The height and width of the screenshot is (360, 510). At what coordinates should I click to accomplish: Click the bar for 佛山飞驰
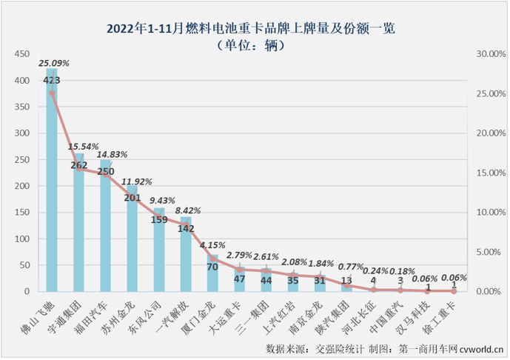pos(52,185)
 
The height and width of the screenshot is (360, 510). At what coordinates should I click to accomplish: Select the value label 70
pos(212,265)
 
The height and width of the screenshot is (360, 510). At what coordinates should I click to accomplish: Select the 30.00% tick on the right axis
pos(489,55)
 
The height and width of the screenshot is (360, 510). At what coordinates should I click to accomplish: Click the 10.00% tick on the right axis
pos(489,213)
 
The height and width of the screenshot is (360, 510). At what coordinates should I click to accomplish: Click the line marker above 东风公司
pos(159,217)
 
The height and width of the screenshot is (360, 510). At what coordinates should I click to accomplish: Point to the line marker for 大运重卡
pos(239,270)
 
